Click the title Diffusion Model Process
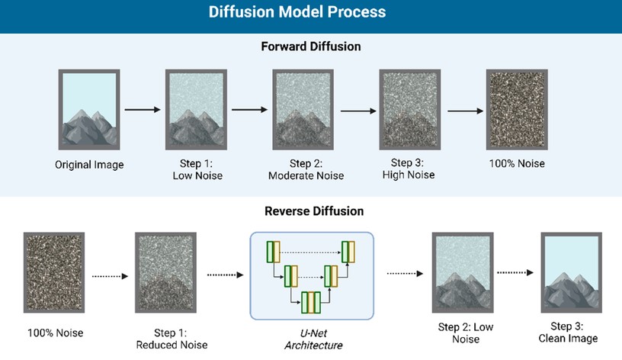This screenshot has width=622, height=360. pos(310,13)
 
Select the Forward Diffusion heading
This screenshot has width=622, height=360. pos(310,47)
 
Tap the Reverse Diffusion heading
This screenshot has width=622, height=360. pos(310,211)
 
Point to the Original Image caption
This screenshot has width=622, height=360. pos(89,164)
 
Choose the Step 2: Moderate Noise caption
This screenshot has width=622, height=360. pos(306,170)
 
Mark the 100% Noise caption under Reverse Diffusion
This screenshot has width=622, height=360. pos(55,333)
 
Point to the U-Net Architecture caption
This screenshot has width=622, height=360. pos(313,339)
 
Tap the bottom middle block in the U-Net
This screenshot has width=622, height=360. pos(310,303)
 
